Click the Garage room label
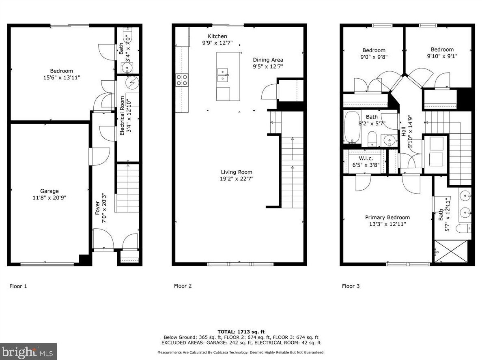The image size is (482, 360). point(49,191)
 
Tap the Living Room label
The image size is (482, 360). point(237,172)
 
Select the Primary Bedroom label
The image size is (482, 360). point(387,217)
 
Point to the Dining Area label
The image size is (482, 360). point(268,60)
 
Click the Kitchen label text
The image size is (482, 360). point(217,36)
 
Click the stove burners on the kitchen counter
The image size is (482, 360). point(182,80)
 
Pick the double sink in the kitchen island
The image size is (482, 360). point(223,75)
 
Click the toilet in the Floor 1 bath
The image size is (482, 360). point(127,36)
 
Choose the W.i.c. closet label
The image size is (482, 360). point(366,159)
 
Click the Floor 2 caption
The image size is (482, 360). point(183,286)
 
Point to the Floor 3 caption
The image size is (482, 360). point(351,286)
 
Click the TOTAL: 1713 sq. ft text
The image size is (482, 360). point(241,332)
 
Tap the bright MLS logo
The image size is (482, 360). point(28,351)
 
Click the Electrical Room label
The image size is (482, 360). point(122,116)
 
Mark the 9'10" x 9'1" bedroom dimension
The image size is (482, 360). point(442,56)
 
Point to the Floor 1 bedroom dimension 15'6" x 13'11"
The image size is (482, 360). point(62,78)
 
